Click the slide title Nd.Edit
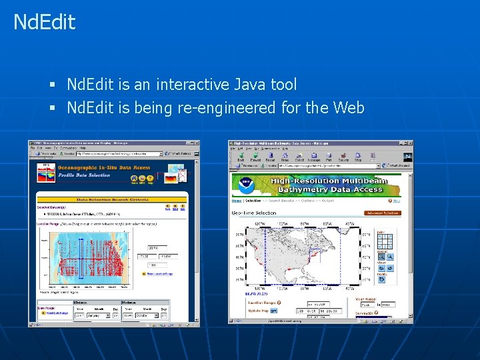point(45,22)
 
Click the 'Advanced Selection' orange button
point(383,213)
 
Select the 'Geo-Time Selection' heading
point(254,213)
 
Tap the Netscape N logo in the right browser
point(407,157)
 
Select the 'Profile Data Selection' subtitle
point(85,175)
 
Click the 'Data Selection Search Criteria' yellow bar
point(112,199)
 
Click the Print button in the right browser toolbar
point(329,158)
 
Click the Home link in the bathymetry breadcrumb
point(236,201)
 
